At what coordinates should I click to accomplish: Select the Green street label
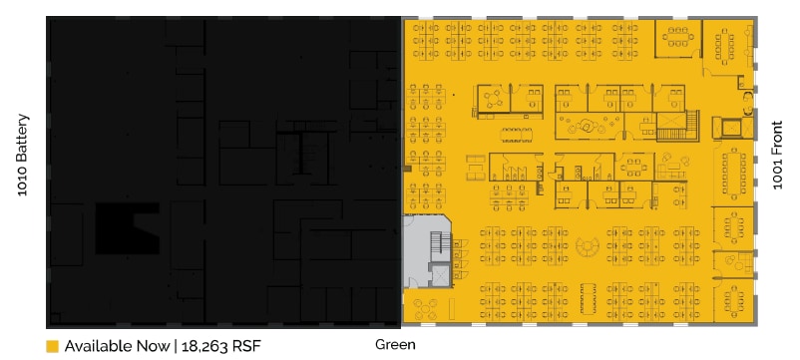click(x=395, y=345)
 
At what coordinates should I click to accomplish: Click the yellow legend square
click(x=52, y=347)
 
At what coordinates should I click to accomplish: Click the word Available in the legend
click(x=95, y=347)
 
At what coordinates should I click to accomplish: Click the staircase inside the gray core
click(x=435, y=245)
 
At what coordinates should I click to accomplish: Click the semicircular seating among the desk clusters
click(x=587, y=246)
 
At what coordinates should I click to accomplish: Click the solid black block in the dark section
click(x=126, y=228)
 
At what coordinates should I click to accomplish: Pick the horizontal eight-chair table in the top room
click(x=678, y=37)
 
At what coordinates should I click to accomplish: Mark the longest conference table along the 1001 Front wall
click(x=738, y=173)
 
